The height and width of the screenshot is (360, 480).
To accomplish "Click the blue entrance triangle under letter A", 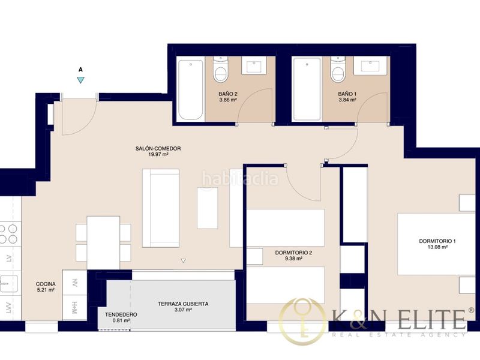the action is (x=80, y=80).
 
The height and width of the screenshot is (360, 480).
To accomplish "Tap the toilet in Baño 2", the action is (x=220, y=69).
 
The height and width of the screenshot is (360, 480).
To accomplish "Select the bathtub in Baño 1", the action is (x=307, y=89).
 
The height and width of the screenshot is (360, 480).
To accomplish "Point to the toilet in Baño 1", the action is (x=338, y=70).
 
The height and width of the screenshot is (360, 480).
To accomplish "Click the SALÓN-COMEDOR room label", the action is (x=158, y=148).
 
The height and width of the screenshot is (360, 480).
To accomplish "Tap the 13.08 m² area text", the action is (x=438, y=247).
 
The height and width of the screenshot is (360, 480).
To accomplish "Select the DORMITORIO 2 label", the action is (x=293, y=253).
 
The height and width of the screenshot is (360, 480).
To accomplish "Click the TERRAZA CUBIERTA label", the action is (x=183, y=304).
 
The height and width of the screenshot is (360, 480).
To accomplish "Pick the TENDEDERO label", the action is (x=121, y=314).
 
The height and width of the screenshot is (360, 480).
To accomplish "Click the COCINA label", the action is (x=46, y=284).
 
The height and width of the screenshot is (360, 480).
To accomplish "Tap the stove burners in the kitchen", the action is (x=8, y=234).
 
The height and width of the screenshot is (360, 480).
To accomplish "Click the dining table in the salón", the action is (x=103, y=242).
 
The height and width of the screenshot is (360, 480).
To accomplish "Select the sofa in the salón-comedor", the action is (x=161, y=208).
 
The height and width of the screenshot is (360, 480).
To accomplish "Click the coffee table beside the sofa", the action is (x=207, y=208).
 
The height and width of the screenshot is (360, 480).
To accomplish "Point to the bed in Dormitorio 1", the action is (x=436, y=244).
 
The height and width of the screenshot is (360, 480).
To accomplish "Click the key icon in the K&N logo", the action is (x=302, y=321).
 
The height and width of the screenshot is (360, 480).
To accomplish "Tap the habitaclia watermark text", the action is (x=240, y=179).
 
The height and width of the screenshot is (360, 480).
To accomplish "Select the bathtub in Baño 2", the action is (x=191, y=89).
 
